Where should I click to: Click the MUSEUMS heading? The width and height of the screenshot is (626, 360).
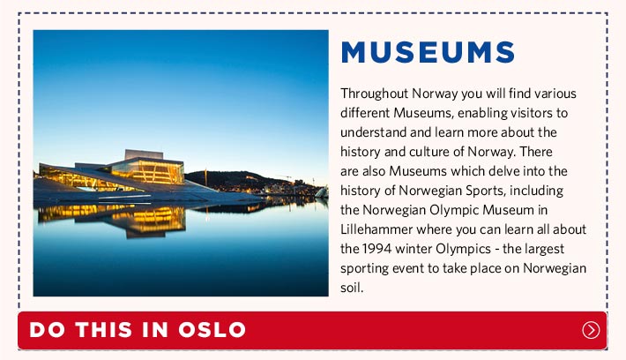click(428, 52)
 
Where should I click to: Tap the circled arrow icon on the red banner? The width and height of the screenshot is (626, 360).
click(591, 330)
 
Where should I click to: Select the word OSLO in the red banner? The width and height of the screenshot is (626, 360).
click(212, 330)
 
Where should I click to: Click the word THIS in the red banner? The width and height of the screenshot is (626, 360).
click(104, 330)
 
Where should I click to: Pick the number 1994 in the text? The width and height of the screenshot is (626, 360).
click(376, 249)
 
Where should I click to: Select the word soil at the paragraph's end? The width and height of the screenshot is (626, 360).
click(352, 288)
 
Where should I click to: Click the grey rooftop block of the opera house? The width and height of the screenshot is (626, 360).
click(144, 154)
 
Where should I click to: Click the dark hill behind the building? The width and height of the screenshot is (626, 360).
click(235, 180)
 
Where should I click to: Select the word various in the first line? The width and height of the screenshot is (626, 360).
click(555, 94)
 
